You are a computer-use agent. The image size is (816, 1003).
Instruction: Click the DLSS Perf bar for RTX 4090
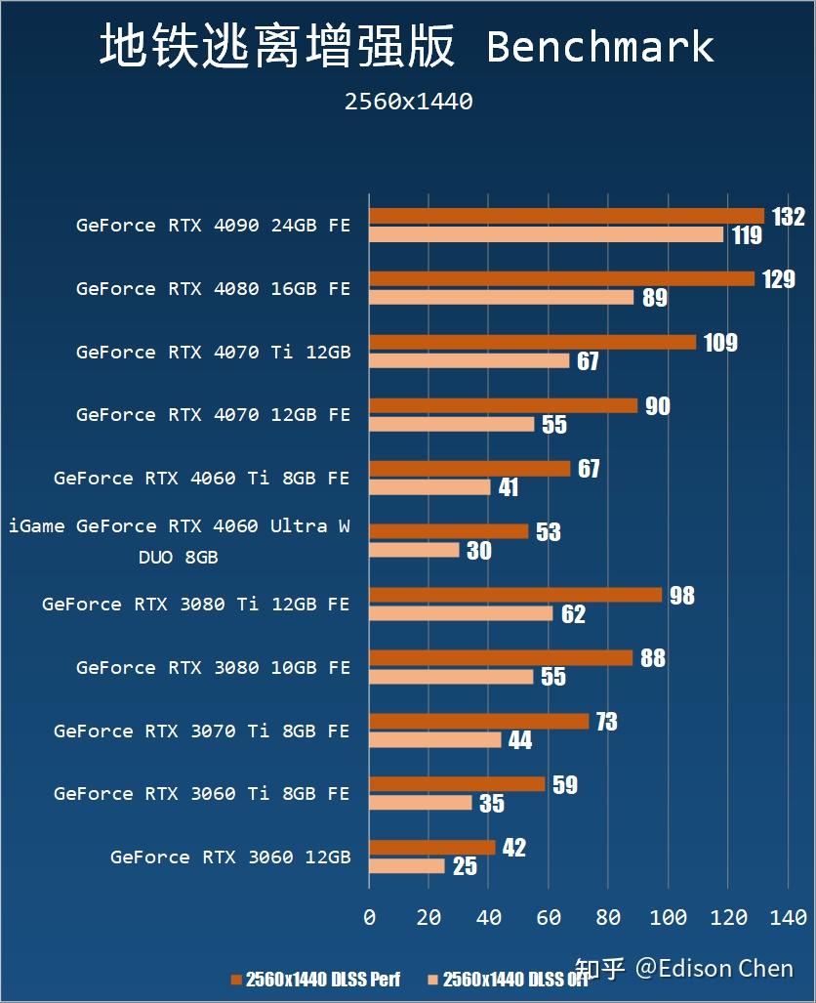pos(566,216)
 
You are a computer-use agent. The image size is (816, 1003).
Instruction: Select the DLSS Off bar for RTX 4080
pos(501,297)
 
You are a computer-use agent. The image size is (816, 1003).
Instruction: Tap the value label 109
pos(720,343)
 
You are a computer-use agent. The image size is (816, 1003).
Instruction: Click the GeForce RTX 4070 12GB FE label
pos(213,415)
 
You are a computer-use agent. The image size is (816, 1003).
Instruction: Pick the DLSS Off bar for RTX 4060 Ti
pos(429,486)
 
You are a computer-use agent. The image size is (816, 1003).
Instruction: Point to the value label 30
pos(478,551)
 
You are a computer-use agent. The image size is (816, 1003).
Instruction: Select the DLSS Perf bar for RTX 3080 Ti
pos(515,595)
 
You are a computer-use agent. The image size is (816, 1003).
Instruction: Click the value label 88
pos(652,658)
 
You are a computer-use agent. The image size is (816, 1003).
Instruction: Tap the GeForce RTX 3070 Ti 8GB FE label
pos(201,731)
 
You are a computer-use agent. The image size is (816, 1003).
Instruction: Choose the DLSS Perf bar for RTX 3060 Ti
pos(457,784)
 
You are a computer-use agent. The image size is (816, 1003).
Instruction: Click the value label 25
pos(465,866)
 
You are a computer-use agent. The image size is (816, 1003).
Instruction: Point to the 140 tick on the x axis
pos(788,917)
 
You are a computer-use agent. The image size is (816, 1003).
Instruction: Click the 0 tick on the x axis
pos(369,917)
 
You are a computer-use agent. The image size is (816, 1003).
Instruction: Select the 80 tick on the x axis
pos(608,917)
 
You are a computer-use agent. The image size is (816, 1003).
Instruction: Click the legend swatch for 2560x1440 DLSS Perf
pos(235,980)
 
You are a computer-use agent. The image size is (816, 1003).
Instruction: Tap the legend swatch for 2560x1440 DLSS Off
pos(432,980)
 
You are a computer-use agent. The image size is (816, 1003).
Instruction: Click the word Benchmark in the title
pos(600,47)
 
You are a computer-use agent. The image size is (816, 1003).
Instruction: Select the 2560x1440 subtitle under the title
pos(408,102)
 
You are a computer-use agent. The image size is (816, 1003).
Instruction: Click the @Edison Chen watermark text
pos(714,968)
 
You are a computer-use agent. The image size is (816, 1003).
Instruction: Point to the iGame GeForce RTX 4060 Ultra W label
pos(180,526)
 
